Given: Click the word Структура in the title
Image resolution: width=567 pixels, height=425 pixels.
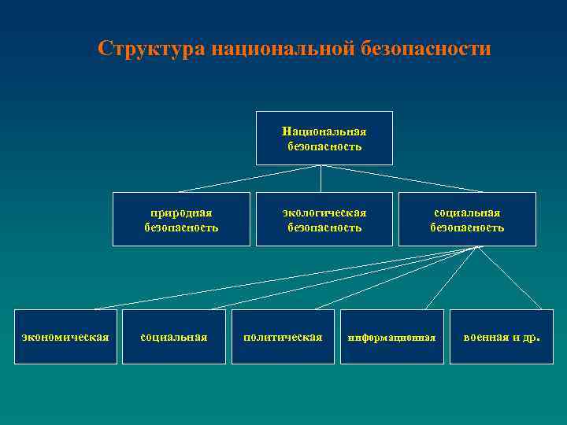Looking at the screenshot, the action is tap(149, 49).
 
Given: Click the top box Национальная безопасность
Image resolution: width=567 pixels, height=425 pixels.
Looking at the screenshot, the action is tap(324, 138).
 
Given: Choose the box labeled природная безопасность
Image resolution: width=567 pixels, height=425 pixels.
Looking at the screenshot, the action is tap(181, 220).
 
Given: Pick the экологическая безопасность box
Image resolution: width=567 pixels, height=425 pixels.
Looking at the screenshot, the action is tap(324, 220).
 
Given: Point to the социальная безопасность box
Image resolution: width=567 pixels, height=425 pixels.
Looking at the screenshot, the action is tap(467, 220).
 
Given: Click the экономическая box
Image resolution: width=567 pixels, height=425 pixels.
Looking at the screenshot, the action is tap(65, 337).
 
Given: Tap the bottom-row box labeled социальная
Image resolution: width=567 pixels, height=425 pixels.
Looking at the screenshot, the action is tap(173, 337).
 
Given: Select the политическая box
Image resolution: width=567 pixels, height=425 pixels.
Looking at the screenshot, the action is tap(283, 337).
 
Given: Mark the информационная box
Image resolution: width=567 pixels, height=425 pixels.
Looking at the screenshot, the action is tap(391, 337).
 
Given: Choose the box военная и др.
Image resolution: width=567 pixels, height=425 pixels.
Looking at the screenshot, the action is tap(501, 337).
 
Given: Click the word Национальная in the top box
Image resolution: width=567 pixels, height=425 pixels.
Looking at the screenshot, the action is tap(324, 131).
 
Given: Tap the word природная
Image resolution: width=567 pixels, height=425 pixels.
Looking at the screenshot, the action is tap(181, 213).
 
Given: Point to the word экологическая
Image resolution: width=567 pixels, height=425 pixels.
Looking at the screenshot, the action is tap(324, 213).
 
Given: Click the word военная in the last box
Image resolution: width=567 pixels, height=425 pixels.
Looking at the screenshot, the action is tap(485, 337).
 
